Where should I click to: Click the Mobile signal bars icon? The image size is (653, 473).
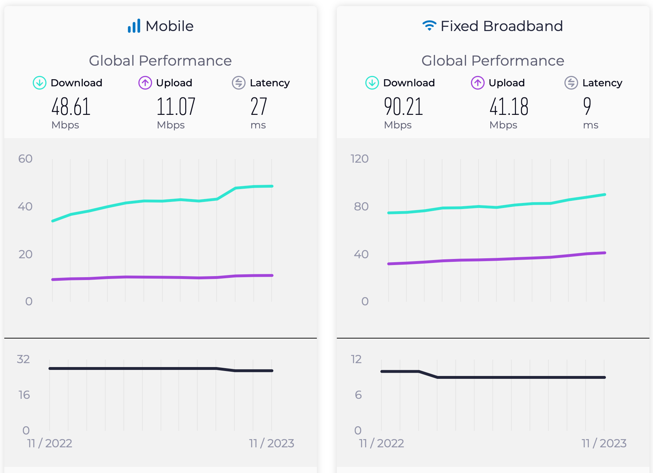[134, 26]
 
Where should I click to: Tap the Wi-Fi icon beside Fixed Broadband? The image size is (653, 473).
[429, 25]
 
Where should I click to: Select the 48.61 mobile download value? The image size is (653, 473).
[71, 107]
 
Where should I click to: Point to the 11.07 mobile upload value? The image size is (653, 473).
[176, 107]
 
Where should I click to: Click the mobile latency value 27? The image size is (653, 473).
[259, 107]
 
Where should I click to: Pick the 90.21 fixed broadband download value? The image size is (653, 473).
[403, 107]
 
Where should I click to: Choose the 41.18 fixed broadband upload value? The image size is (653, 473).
[509, 107]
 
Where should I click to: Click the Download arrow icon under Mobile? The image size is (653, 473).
[40, 83]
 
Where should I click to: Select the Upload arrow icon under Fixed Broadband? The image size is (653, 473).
[478, 83]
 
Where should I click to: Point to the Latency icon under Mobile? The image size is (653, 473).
[239, 83]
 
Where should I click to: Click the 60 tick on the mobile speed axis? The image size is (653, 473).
[25, 159]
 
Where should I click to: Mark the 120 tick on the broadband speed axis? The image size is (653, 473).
[359, 159]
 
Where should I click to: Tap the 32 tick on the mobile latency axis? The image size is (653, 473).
[23, 359]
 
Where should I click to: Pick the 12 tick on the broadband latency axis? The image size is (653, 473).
[356, 359]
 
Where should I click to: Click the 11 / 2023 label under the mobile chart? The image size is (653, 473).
[272, 443]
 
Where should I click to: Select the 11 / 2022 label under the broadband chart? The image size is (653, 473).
[381, 443]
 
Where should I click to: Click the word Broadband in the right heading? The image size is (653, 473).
[523, 26]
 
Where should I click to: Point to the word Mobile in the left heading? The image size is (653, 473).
[169, 26]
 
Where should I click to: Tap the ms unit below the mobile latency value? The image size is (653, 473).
[258, 125]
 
